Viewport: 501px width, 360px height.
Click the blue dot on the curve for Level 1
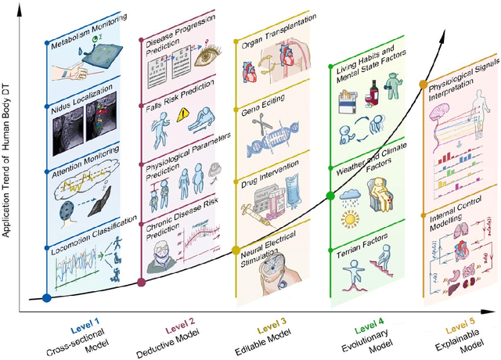click(x=47, y=297)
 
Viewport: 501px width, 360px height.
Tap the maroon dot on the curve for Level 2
click(x=141, y=283)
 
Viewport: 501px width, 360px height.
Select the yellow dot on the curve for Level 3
click(x=236, y=251)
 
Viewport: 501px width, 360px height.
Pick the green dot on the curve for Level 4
click(x=330, y=195)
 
